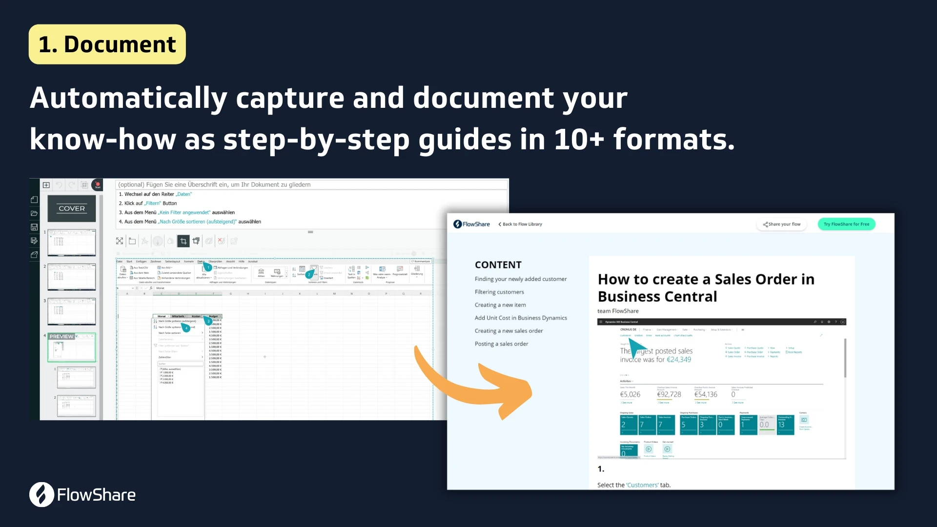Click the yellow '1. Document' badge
[107, 44]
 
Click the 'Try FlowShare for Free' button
[846, 224]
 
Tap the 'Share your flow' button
[782, 224]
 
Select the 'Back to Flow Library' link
[520, 224]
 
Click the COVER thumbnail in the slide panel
[72, 208]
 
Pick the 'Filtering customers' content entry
[499, 292]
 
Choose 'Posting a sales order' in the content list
[501, 344]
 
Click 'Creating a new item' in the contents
[500, 305]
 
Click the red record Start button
[98, 185]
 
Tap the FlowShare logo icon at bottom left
[41, 494]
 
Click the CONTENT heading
[498, 265]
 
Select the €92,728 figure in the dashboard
[669, 394]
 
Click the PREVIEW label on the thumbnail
[61, 337]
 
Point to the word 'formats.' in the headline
[673, 140]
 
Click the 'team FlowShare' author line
[618, 311]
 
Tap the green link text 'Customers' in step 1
[642, 485]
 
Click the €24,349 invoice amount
[679, 360]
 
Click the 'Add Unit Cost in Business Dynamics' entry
[521, 318]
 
